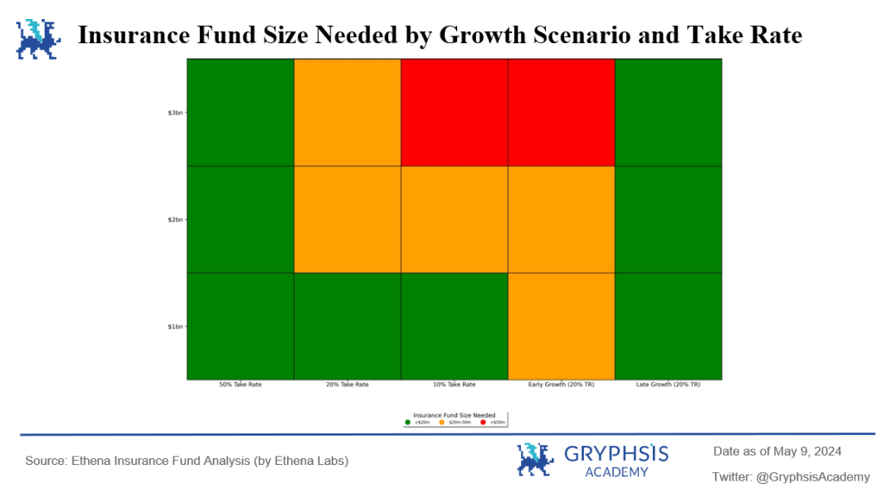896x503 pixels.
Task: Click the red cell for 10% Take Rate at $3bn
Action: point(454,112)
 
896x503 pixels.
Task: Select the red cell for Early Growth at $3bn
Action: point(561,112)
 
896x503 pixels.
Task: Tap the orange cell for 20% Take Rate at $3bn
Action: point(347,112)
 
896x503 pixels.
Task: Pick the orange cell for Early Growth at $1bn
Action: point(561,326)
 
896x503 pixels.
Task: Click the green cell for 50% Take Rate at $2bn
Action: point(240,219)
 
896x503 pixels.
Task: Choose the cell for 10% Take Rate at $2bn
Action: point(454,219)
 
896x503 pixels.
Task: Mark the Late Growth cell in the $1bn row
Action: point(668,326)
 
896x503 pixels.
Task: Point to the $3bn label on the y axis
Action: point(175,113)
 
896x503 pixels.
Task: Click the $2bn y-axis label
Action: point(175,220)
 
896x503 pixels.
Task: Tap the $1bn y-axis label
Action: point(175,326)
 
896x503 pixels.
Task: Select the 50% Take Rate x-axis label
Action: point(240,385)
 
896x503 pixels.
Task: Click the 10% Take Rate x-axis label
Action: point(454,385)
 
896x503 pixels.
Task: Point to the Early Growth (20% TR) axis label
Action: point(561,385)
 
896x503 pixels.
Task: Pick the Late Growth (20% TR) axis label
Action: point(668,385)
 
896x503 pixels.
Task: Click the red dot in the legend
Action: point(483,423)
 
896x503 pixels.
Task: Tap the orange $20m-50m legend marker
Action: point(441,423)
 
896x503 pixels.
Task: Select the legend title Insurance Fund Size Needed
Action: point(454,415)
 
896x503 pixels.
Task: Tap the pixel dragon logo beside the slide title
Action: point(38,39)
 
